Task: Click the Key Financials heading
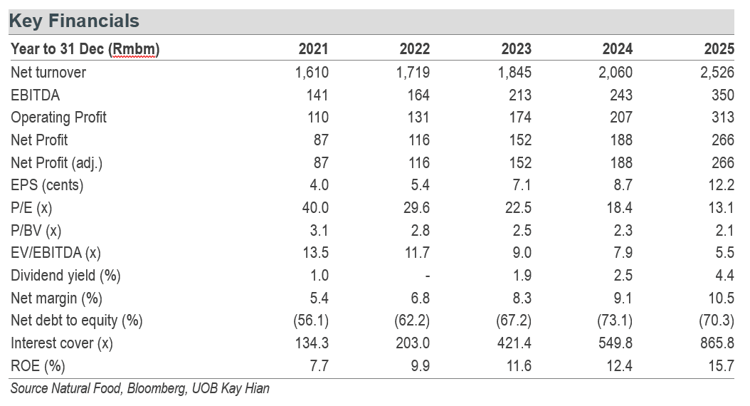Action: tap(74, 21)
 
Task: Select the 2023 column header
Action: tap(516, 49)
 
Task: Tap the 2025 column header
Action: tap(719, 49)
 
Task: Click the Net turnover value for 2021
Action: tap(312, 72)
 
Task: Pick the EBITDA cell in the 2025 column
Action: tap(723, 95)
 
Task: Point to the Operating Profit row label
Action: tap(58, 118)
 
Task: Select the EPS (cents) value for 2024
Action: tap(623, 184)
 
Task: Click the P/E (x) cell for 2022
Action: tap(416, 207)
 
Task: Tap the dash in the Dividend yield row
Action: tap(427, 276)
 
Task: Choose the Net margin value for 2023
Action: tap(522, 298)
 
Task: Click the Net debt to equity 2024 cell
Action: tap(615, 321)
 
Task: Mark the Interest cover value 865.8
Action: tap(717, 343)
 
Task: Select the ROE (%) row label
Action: tap(38, 366)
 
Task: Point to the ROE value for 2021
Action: tap(319, 366)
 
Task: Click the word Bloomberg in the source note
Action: tap(157, 388)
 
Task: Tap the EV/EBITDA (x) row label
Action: tap(56, 253)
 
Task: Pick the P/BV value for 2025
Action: tap(724, 230)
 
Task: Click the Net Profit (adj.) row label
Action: tap(56, 163)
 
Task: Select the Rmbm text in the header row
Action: tap(134, 49)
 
